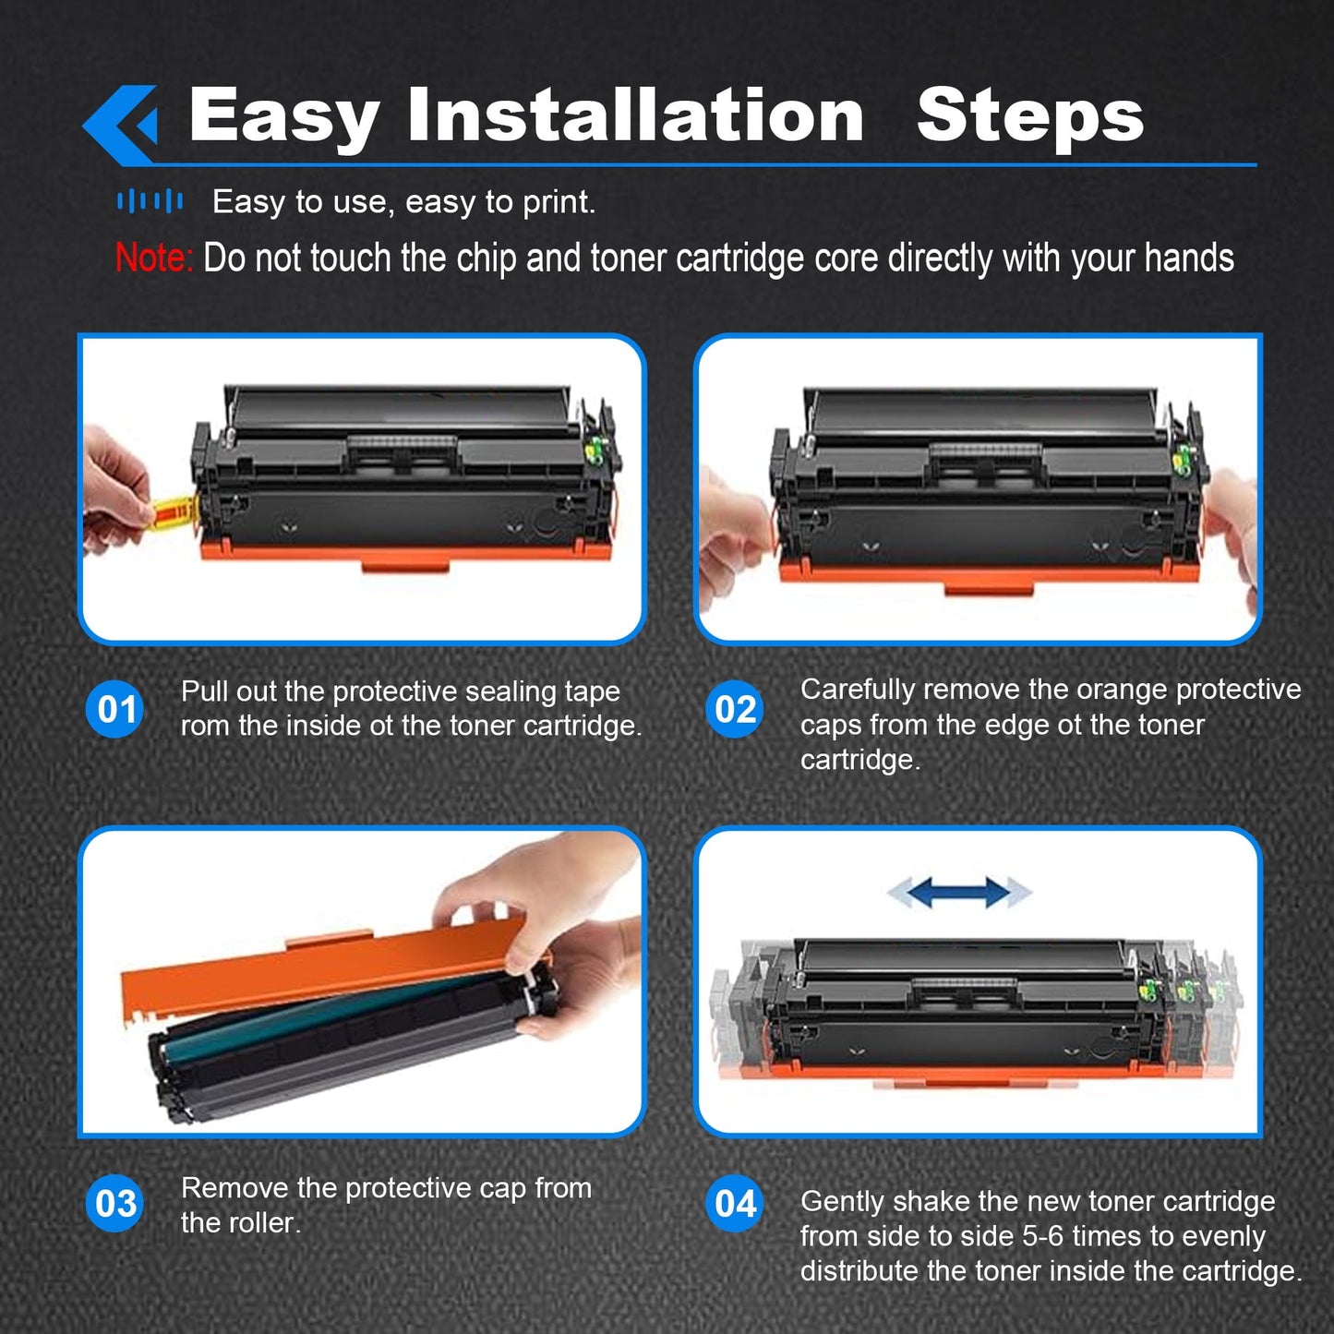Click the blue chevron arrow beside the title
(x=120, y=124)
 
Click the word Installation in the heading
(x=635, y=115)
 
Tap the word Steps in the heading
(x=1029, y=116)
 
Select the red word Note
(x=153, y=258)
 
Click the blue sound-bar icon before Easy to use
(x=150, y=200)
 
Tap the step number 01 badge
(x=115, y=709)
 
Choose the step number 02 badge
(x=735, y=709)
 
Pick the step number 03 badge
(x=115, y=1203)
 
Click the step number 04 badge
(x=735, y=1203)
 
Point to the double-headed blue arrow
(x=959, y=892)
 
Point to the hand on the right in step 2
(x=1232, y=526)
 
